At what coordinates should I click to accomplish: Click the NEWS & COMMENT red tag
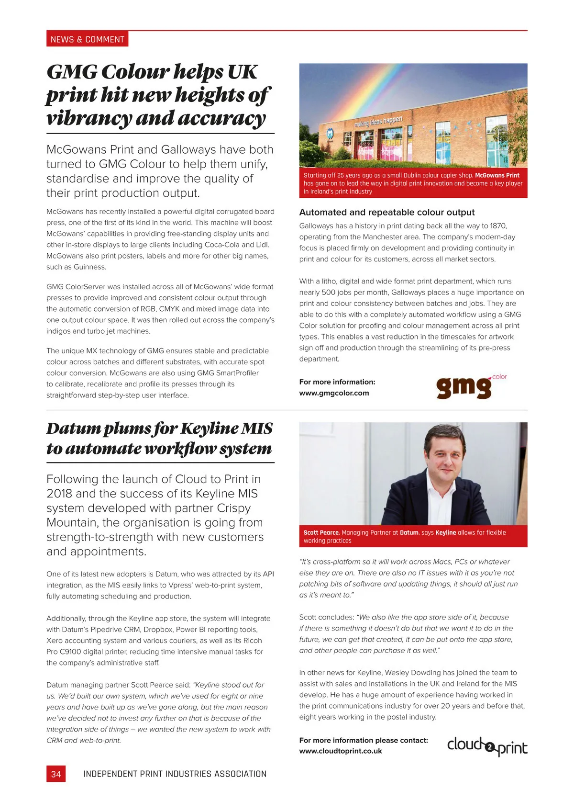[87, 39]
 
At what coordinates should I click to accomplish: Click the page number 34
[56, 774]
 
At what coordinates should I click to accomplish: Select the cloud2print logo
[487, 746]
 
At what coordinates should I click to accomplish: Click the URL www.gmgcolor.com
[334, 393]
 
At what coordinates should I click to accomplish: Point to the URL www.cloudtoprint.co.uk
[341, 751]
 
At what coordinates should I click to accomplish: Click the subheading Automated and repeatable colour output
[386, 212]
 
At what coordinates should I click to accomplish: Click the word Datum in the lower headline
[73, 428]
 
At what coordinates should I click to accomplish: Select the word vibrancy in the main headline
[88, 118]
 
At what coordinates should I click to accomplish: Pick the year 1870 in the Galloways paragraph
[498, 226]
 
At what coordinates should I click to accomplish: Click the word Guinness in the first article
[89, 267]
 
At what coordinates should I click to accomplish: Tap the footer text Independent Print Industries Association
[175, 774]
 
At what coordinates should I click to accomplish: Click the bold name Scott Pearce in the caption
[321, 532]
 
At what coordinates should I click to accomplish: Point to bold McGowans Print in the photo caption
[497, 175]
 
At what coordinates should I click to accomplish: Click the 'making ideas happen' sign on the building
[378, 121]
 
